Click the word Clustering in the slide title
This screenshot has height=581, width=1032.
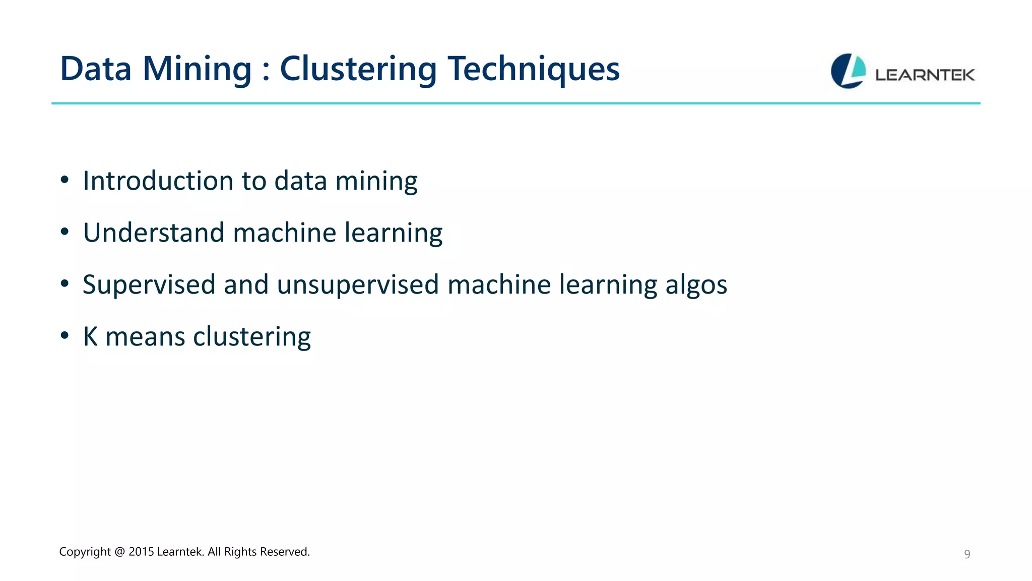coord(358,69)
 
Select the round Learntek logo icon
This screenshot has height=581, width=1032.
coord(848,71)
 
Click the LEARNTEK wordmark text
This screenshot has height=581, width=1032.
coord(925,75)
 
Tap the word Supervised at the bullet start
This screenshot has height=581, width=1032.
coord(149,285)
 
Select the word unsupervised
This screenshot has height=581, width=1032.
coord(358,285)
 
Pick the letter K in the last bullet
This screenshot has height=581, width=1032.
coord(90,336)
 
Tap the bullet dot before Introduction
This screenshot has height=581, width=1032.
coord(64,180)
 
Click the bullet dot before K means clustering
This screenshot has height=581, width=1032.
coord(64,335)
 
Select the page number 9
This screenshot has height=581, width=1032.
coord(966,554)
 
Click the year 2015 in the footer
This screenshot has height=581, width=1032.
coord(141,552)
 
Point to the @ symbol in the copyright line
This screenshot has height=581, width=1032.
coord(119,552)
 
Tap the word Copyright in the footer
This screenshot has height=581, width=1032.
coord(85,552)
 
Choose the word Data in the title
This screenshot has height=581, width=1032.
coord(96,69)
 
